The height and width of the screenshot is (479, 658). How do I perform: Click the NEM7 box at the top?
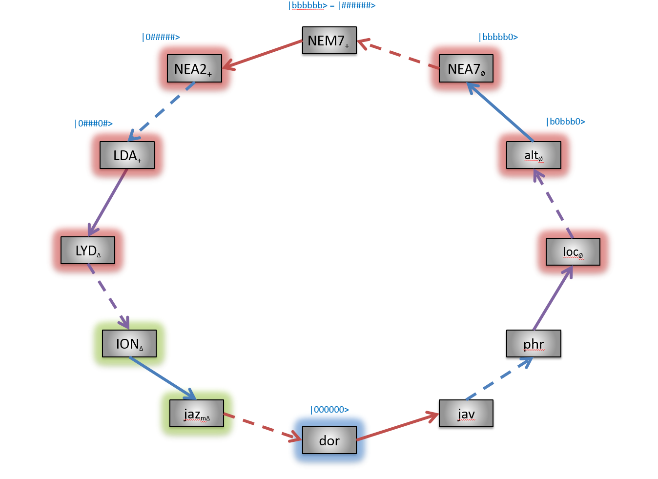[329, 41]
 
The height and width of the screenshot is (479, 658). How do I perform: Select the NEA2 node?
[194, 69]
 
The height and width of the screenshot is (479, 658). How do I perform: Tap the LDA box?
[127, 155]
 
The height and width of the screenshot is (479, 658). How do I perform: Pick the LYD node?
[88, 250]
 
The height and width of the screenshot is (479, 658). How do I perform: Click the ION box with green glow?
[129, 344]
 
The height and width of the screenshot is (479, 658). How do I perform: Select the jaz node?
[197, 414]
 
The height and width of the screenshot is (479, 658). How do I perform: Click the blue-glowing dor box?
[329, 440]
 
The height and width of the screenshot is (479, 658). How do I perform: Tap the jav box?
[466, 414]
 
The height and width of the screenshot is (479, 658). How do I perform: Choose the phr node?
[534, 344]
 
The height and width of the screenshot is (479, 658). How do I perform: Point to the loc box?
[573, 252]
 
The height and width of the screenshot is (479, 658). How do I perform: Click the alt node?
[534, 155]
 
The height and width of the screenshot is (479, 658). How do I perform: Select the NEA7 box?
[466, 69]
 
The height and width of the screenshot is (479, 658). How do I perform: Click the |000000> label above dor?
[330, 410]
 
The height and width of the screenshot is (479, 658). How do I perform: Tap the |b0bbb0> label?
[566, 122]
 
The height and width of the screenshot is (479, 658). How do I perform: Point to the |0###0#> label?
[94, 124]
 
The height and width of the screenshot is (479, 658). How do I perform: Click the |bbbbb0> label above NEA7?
[498, 37]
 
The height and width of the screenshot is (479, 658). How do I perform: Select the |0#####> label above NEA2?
[161, 37]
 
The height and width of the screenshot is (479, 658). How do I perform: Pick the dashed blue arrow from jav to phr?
[499, 379]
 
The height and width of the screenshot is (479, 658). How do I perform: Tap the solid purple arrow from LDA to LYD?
[108, 202]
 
